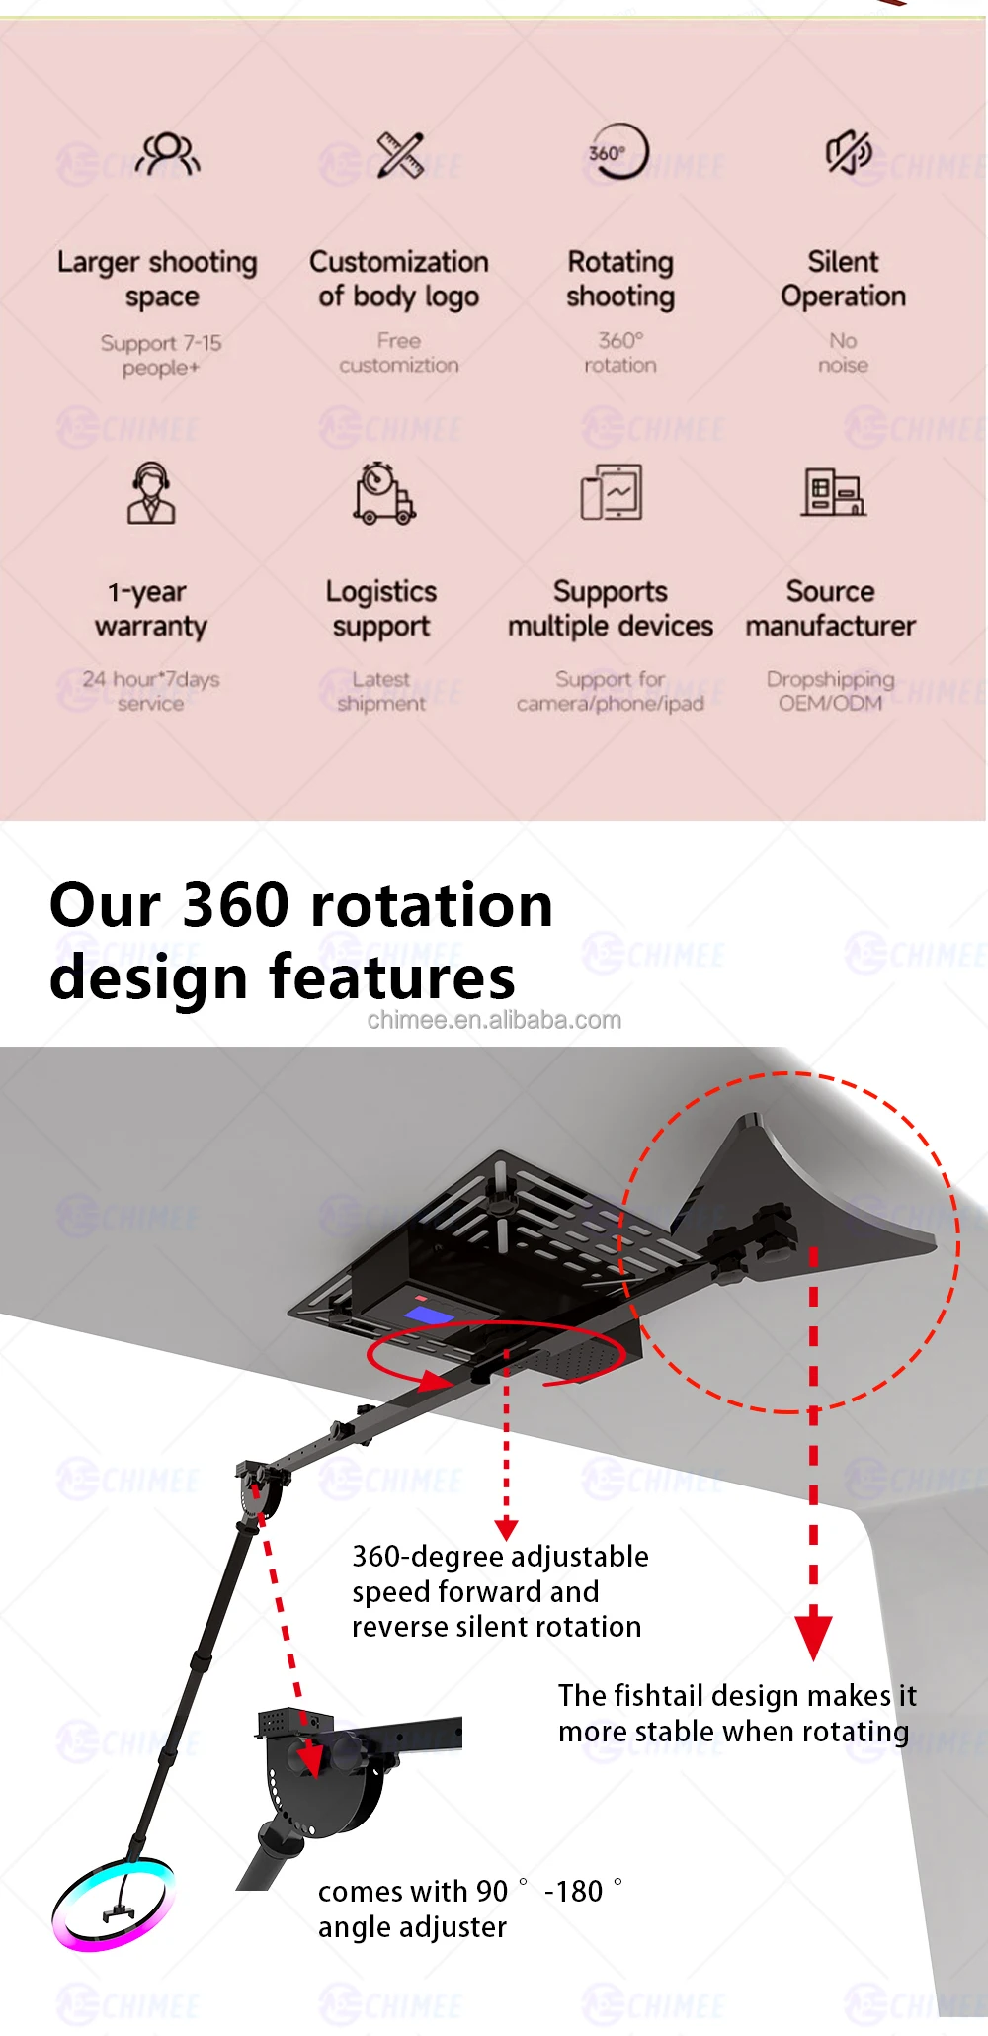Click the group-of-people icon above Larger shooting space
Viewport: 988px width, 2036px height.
pyautogui.click(x=169, y=153)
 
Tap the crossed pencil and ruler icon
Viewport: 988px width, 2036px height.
pyautogui.click(x=400, y=154)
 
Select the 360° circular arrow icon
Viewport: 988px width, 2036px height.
pyautogui.click(x=618, y=152)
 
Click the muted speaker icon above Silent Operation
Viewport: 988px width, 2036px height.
pyautogui.click(x=848, y=153)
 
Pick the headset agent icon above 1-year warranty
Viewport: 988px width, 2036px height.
pyautogui.click(x=151, y=492)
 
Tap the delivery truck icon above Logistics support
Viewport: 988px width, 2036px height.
pyautogui.click(x=383, y=493)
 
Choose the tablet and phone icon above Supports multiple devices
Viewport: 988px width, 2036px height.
pyautogui.click(x=612, y=491)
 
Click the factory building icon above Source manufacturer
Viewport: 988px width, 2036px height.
pyautogui.click(x=833, y=491)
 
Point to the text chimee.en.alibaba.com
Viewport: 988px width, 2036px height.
pyautogui.click(x=494, y=1020)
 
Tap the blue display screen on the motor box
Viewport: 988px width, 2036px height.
pyautogui.click(x=430, y=1314)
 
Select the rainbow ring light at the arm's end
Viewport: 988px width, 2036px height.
pyautogui.click(x=113, y=1905)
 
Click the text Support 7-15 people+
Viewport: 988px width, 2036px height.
pyautogui.click(x=160, y=355)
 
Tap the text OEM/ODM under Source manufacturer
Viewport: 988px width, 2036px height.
pyautogui.click(x=830, y=703)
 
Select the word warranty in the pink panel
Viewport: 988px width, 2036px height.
pyautogui.click(x=151, y=627)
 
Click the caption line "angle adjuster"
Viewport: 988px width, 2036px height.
pyautogui.click(x=412, y=1927)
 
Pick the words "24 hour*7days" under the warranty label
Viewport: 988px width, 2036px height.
pyautogui.click(x=151, y=679)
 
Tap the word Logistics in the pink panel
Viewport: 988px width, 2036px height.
pyautogui.click(x=381, y=591)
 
